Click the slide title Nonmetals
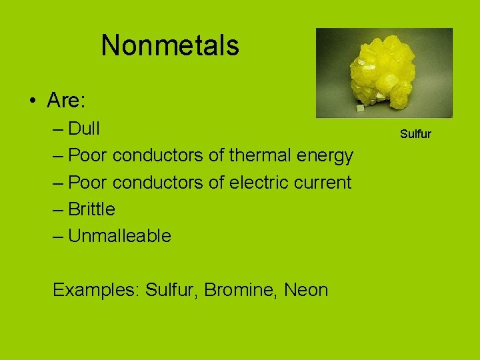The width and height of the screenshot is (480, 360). coord(170,45)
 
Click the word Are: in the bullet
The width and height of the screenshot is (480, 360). coord(64,101)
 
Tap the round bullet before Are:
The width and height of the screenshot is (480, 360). coord(33,101)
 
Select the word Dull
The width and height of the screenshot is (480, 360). coord(85,128)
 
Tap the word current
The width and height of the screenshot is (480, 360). coord(323,182)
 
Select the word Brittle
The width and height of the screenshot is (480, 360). coord(92,209)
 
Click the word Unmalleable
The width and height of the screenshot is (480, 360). coord(120,236)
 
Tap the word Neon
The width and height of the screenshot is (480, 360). coord(306,290)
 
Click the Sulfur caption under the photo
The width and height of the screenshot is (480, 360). coord(415,134)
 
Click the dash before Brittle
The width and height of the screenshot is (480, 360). coord(58,209)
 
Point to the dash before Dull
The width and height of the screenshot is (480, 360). coord(58,128)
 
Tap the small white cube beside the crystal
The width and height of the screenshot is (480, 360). coord(359,107)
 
